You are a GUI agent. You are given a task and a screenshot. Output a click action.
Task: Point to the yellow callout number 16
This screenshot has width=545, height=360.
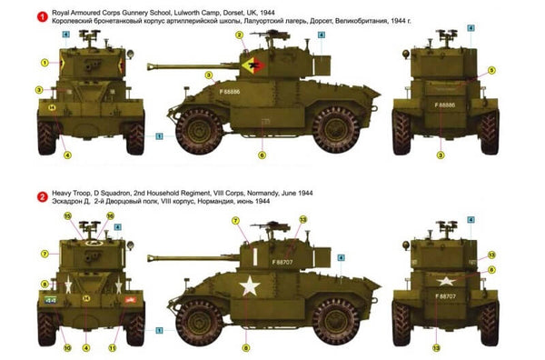(110, 216)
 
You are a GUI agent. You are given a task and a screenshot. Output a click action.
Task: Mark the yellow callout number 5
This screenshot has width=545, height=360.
(491, 71)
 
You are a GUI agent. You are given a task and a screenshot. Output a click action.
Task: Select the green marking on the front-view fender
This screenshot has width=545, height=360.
(51, 297)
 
